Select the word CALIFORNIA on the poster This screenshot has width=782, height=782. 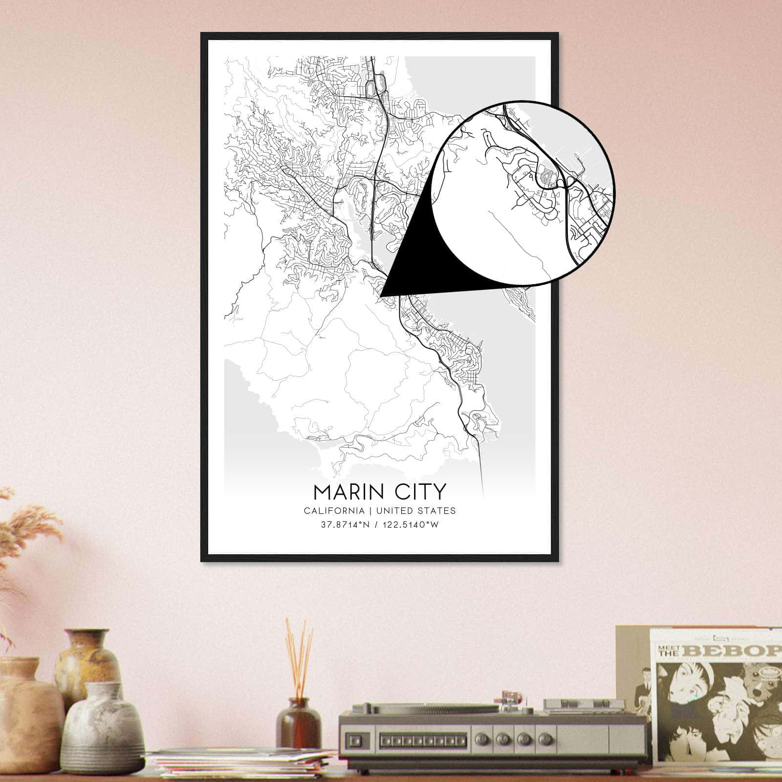pyautogui.click(x=334, y=511)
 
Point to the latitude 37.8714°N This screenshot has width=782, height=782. pyautogui.click(x=344, y=525)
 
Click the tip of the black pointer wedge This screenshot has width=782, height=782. pyautogui.click(x=381, y=296)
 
